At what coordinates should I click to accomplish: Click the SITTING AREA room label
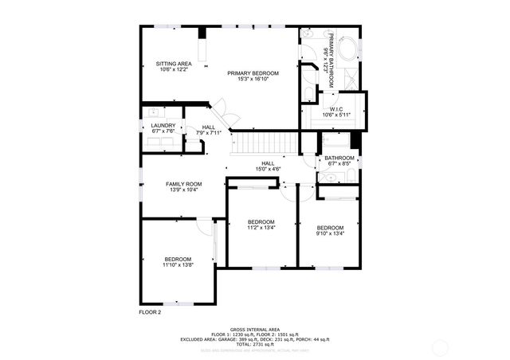173,63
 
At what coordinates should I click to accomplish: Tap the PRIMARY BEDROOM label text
253,73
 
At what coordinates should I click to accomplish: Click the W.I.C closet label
335,109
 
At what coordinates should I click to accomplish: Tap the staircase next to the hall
263,144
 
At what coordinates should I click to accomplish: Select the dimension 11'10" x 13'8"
178,264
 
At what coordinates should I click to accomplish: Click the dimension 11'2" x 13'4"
261,227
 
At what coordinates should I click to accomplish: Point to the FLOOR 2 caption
150,312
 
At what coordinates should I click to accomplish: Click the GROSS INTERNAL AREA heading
255,329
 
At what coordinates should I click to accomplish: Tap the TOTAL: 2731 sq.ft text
255,343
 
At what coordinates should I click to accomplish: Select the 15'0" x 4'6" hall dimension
268,169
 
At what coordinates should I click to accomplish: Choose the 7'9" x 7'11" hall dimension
210,133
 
